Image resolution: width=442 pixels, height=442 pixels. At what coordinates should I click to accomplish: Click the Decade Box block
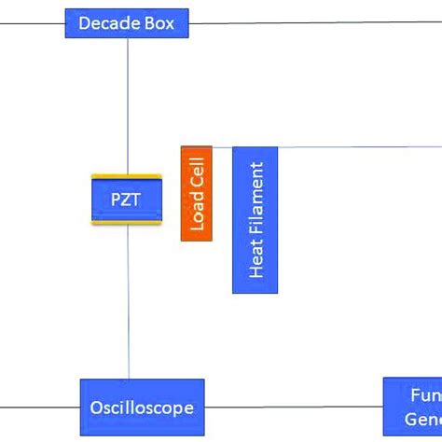point(126,22)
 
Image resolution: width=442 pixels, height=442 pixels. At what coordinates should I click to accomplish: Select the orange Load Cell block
point(196,193)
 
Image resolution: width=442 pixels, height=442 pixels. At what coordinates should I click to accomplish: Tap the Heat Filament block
point(256,220)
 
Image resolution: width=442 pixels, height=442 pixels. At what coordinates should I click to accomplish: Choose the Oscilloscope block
point(142,407)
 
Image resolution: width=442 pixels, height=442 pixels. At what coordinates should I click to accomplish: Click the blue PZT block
point(126,200)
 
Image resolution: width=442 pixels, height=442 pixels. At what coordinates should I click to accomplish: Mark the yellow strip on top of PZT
point(126,177)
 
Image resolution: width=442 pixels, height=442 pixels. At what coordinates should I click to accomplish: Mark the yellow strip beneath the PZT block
point(126,222)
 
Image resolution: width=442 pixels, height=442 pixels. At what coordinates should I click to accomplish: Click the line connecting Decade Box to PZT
point(128,103)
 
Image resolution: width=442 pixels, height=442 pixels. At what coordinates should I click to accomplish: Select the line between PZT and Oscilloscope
point(128,298)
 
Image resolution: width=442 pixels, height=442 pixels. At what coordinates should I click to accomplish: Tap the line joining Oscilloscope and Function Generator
point(294,407)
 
